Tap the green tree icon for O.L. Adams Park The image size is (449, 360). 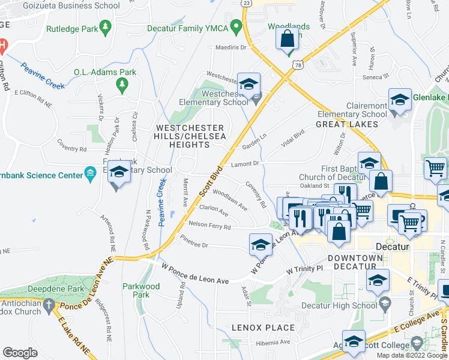(x=123, y=83)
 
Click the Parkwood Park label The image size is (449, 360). (x=141, y=290)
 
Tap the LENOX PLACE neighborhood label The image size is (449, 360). (x=264, y=328)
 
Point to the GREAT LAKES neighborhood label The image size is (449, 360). (x=347, y=124)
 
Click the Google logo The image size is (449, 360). (x=20, y=353)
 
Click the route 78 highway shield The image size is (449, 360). (x=298, y=64)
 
